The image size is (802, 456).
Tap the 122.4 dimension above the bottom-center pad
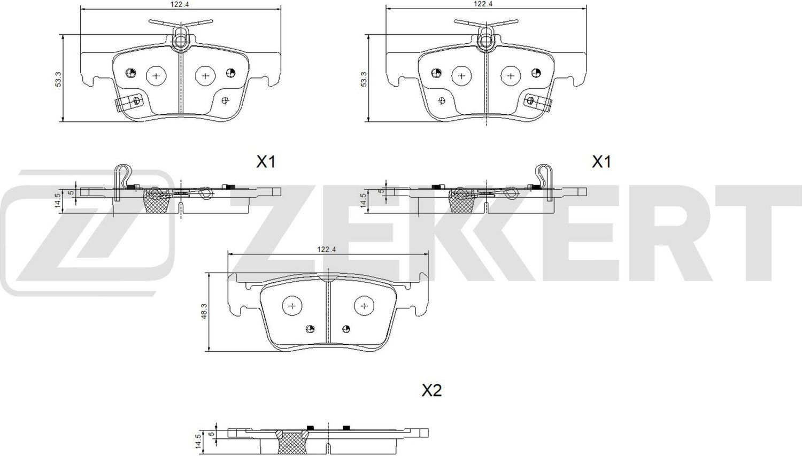[x=326, y=249]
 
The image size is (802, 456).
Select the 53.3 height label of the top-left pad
[x=58, y=79]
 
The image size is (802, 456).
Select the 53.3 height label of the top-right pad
[x=364, y=79]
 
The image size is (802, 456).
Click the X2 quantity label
[x=431, y=391]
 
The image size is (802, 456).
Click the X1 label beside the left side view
[x=265, y=161]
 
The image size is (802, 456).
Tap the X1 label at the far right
[x=601, y=161]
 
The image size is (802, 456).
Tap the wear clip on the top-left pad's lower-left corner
[x=128, y=102]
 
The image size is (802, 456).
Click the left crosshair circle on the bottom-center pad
[x=292, y=306]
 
